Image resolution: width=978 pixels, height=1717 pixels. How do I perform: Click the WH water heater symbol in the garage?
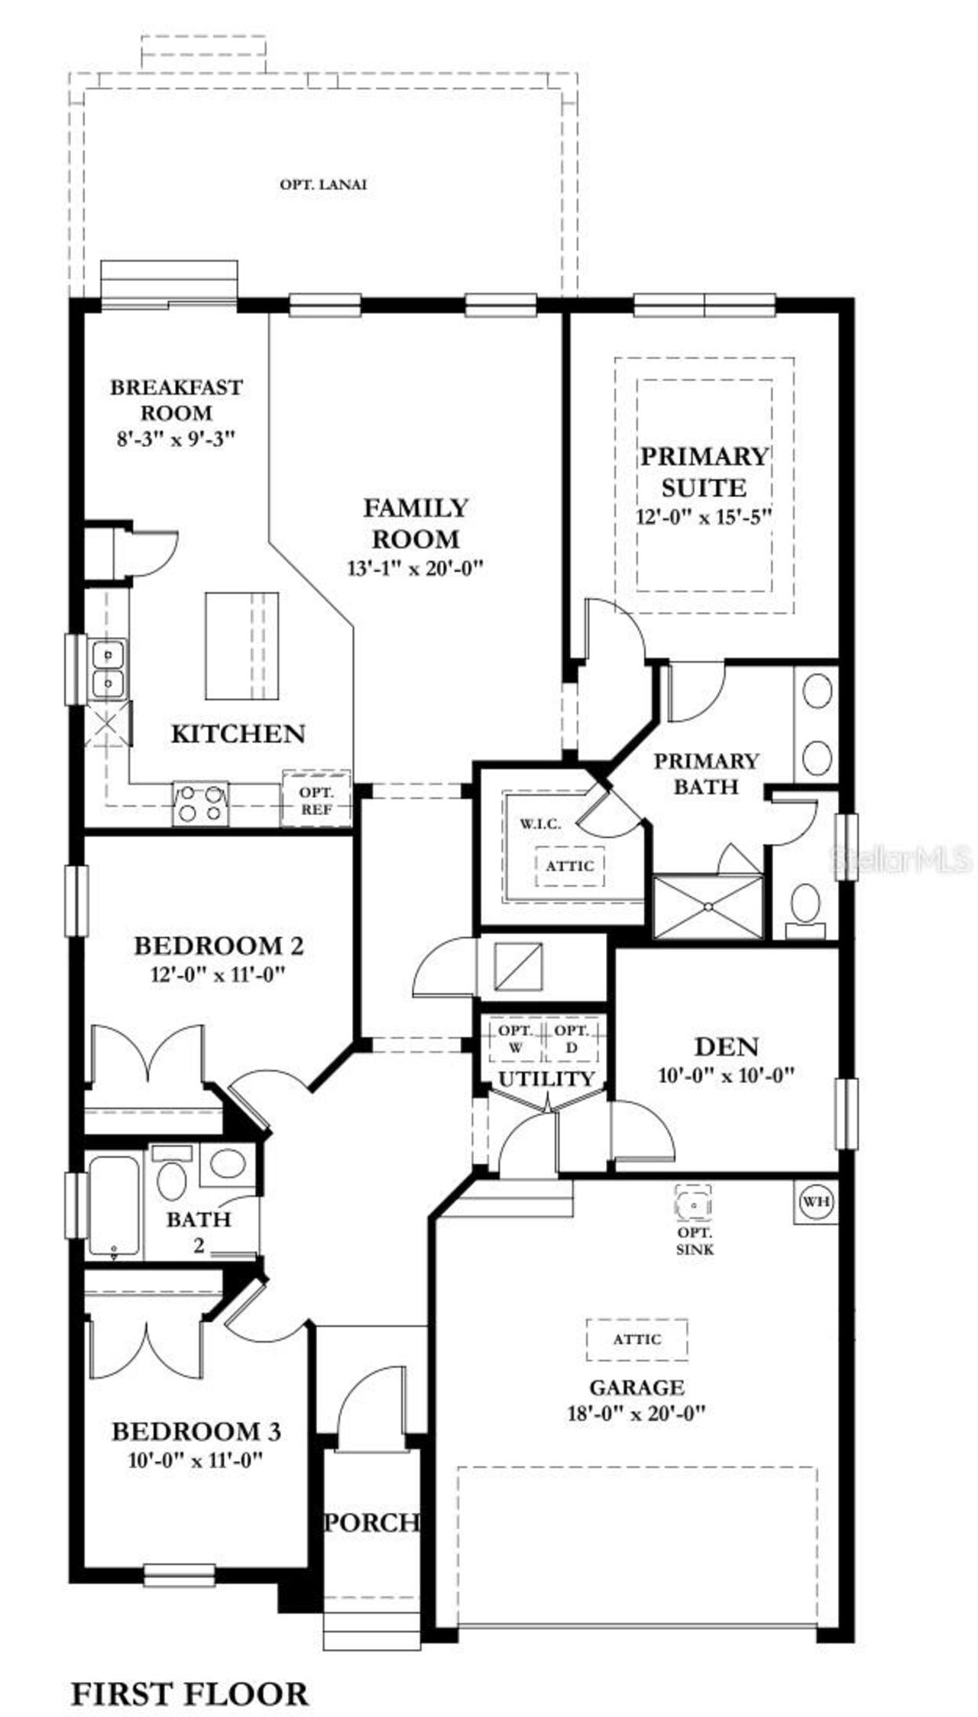coord(816,1201)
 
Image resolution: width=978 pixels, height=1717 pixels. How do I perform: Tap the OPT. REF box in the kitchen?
coord(316,800)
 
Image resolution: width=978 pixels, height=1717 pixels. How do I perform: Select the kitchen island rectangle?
coord(241,645)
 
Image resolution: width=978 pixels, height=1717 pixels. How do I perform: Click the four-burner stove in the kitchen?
coord(201,804)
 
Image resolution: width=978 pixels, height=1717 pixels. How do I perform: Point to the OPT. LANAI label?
coord(323,184)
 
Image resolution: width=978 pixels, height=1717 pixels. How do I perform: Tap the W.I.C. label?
coord(540,823)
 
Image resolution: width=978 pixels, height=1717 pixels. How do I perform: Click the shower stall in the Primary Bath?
coord(708,907)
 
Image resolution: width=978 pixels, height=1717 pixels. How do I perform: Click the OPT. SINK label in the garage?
coord(695,1241)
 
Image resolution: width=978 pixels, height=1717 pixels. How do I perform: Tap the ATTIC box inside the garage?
coord(636,1339)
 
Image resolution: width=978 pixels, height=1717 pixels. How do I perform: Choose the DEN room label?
coord(726,1046)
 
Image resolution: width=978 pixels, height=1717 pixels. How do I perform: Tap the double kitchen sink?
coord(108,669)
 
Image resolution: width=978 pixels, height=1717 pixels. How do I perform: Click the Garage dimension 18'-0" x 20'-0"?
coord(636,1412)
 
